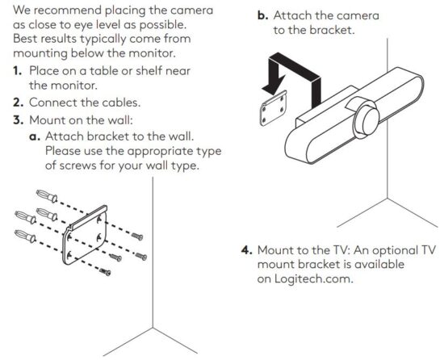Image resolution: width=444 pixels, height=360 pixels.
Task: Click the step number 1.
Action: (x=17, y=71)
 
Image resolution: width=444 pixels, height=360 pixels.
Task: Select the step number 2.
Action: (x=18, y=103)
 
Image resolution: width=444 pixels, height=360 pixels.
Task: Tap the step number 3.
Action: (x=18, y=120)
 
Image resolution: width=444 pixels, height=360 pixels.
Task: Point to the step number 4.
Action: (x=247, y=250)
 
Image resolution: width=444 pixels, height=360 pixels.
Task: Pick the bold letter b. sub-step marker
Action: (x=263, y=15)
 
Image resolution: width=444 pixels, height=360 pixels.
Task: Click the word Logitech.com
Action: (x=314, y=278)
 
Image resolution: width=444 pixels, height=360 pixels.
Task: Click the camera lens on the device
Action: (x=367, y=119)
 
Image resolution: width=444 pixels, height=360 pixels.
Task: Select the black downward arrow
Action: (x=291, y=78)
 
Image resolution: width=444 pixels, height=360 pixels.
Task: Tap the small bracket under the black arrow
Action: (x=274, y=108)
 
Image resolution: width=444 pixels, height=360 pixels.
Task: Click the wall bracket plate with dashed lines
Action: (x=85, y=236)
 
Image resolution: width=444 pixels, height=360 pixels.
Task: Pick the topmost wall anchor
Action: (x=47, y=195)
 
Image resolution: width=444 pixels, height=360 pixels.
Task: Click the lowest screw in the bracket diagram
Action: (x=105, y=272)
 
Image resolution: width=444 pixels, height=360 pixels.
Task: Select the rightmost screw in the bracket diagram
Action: (x=140, y=256)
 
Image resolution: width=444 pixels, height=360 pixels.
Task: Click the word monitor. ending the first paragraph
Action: (x=153, y=53)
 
